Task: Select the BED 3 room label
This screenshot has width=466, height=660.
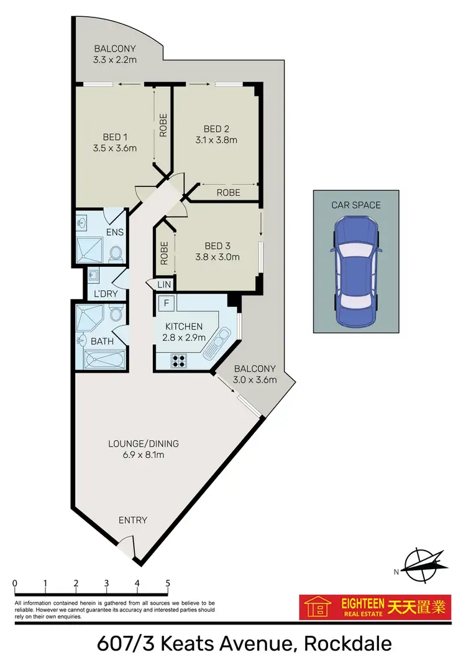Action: click(x=213, y=244)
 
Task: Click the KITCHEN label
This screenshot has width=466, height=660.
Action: click(x=183, y=326)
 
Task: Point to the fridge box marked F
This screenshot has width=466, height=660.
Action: click(x=166, y=304)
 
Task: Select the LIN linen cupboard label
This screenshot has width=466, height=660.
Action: click(x=163, y=284)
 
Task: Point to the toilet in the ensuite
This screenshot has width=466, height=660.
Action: click(x=115, y=253)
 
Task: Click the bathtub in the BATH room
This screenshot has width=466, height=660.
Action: click(x=104, y=360)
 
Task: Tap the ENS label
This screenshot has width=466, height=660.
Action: click(x=115, y=232)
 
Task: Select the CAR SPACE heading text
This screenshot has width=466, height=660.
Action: click(x=355, y=205)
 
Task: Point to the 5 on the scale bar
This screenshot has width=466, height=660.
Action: click(x=168, y=583)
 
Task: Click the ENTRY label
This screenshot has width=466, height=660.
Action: click(x=132, y=520)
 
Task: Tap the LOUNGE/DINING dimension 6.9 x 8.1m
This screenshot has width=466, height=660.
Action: click(x=135, y=455)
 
